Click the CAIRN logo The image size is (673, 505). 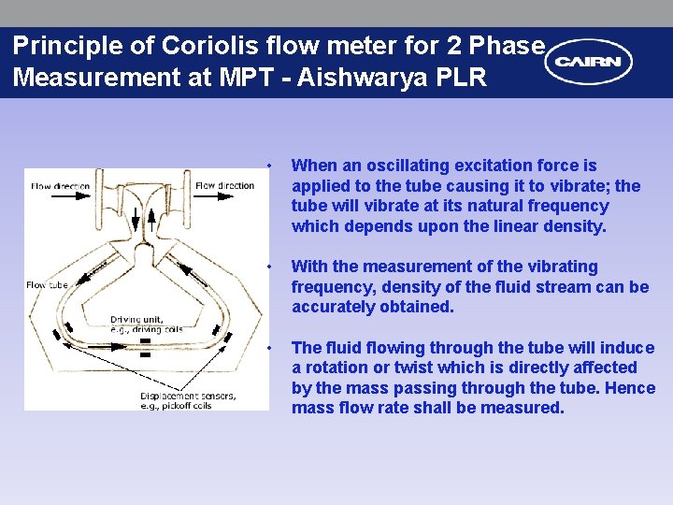tap(590, 63)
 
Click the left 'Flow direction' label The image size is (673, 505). tap(61, 185)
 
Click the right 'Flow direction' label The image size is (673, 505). tap(224, 185)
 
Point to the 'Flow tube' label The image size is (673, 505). tap(48, 284)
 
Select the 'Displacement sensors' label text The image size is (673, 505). tap(188, 397)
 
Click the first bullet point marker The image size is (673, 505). tap(268, 166)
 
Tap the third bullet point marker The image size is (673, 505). tap(268, 349)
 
